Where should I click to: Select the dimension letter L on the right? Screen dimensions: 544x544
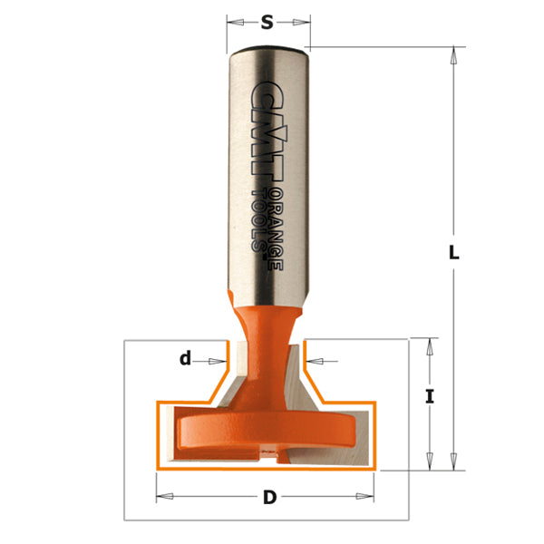point(454,255)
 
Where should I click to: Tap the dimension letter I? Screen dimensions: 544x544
point(429,395)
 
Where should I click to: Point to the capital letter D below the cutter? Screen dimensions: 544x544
point(268,496)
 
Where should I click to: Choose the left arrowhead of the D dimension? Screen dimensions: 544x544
point(161,496)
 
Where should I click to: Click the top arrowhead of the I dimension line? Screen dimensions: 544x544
point(429,343)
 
